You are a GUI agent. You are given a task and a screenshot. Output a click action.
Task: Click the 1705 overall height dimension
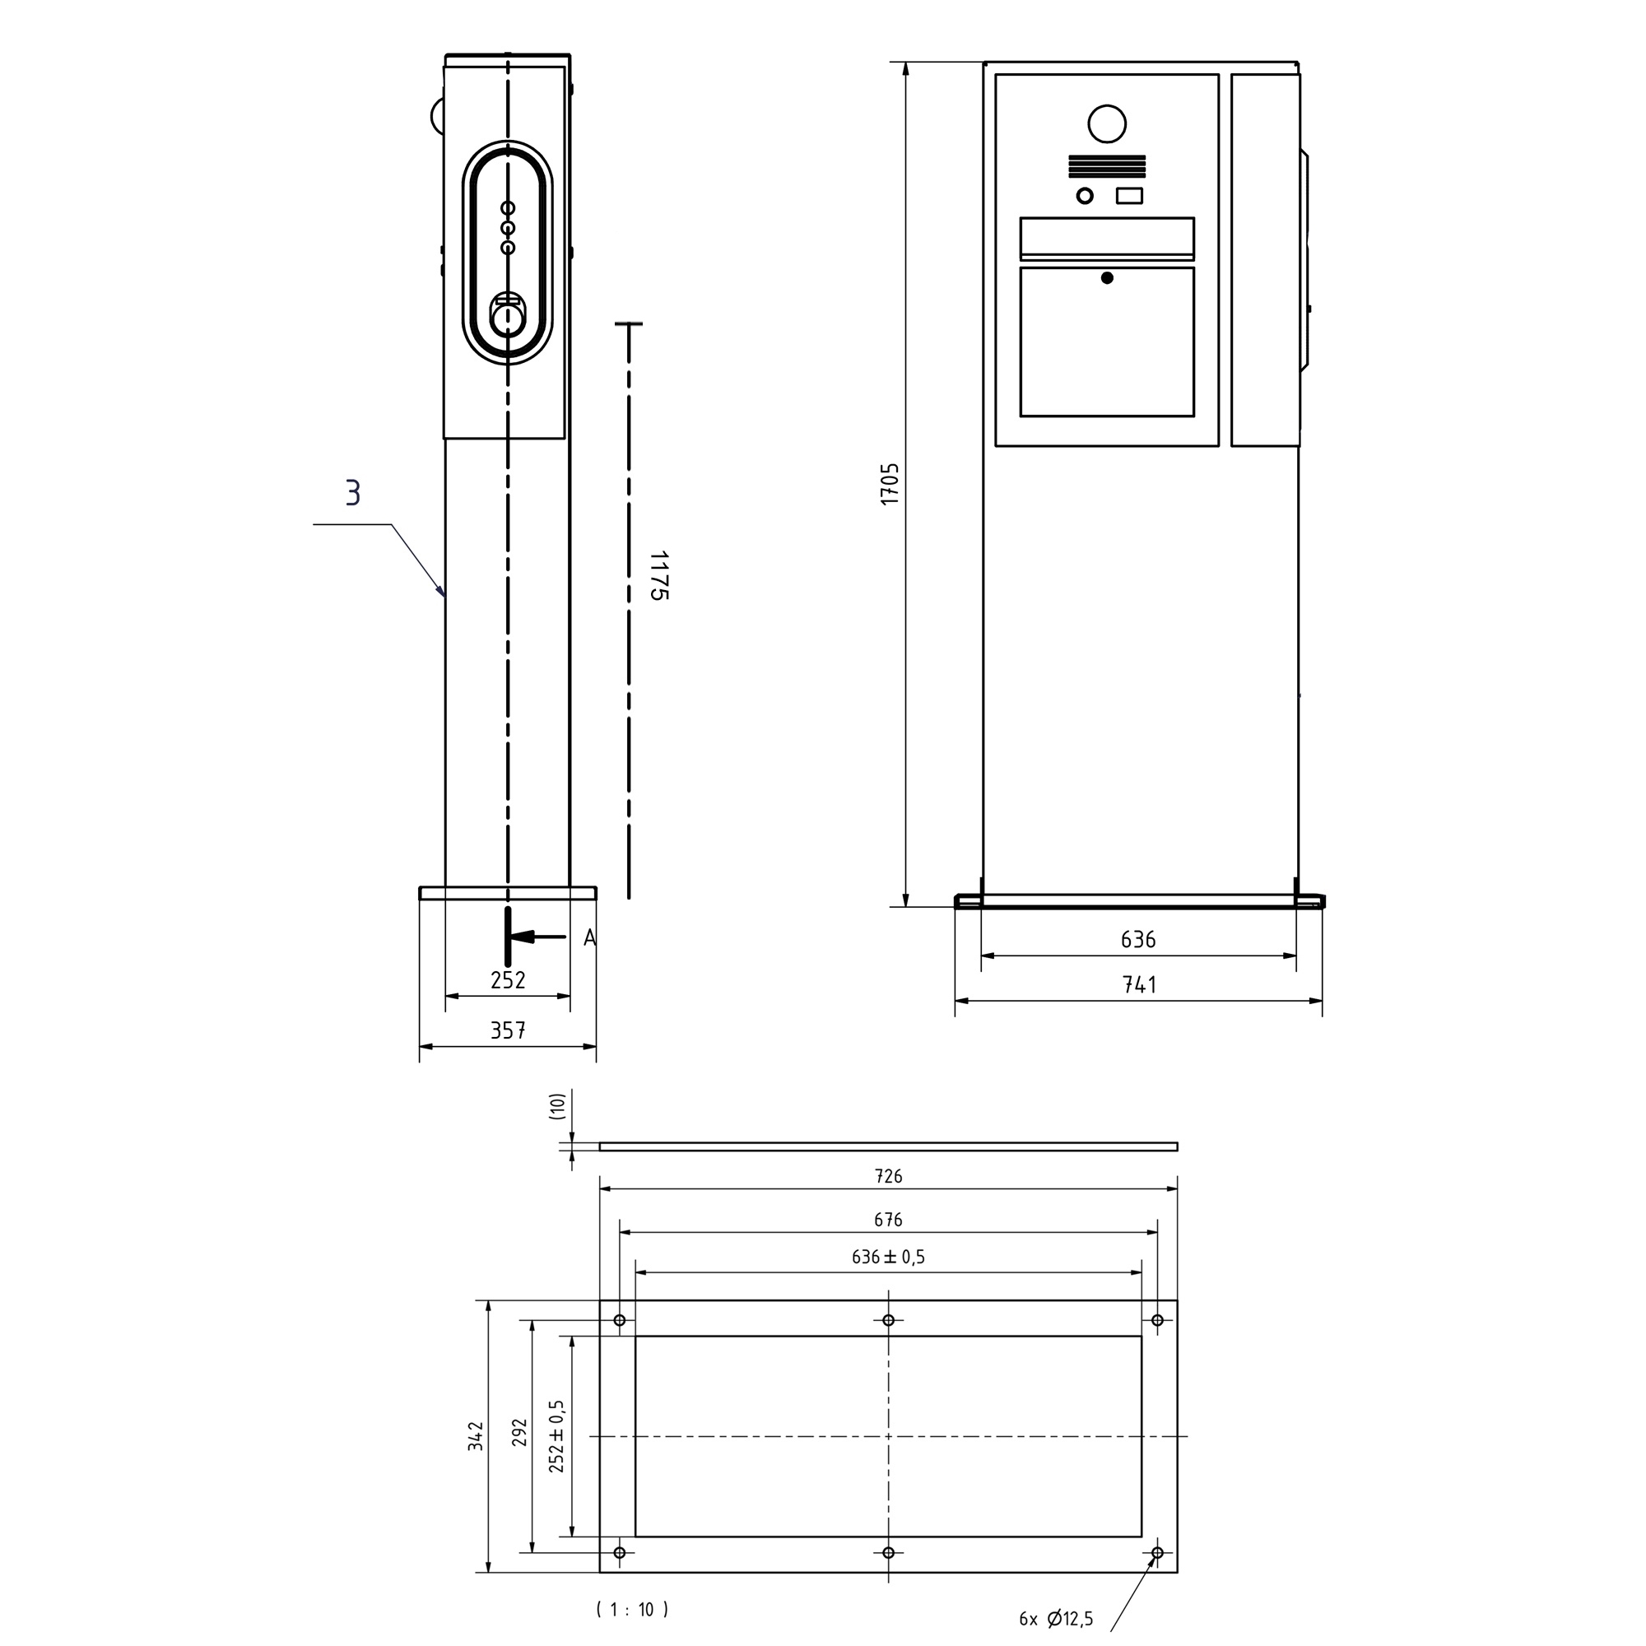point(890,484)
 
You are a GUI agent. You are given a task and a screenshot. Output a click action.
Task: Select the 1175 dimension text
point(658,575)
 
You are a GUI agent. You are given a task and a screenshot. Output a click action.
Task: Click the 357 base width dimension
point(508,1031)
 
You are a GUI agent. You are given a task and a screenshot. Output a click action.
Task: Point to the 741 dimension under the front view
point(1139,985)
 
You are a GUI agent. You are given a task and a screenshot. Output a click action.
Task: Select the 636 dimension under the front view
point(1138,940)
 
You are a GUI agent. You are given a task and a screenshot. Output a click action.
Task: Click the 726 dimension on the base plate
point(889,1177)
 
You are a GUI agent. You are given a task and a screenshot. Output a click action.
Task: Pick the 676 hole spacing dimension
point(888,1220)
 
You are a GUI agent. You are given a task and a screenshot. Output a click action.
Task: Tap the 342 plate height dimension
point(476,1436)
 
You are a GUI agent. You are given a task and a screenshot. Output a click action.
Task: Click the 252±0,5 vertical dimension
point(556,1436)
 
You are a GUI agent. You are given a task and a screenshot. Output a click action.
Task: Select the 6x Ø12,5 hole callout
point(1057,1619)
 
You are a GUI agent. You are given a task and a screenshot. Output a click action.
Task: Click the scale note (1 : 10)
point(632,1609)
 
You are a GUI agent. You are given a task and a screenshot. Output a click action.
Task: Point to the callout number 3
point(353,492)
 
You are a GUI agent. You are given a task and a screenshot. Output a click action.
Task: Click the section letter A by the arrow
point(589,939)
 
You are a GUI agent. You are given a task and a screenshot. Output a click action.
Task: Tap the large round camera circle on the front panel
point(1107,124)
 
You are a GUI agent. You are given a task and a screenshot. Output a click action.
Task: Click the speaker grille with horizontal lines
point(1107,166)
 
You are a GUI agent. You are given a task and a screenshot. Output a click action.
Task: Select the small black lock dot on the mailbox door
point(1107,277)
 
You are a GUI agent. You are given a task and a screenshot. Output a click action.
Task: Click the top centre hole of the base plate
point(889,1321)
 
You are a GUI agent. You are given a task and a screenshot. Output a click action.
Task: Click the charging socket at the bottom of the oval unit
point(508,319)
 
